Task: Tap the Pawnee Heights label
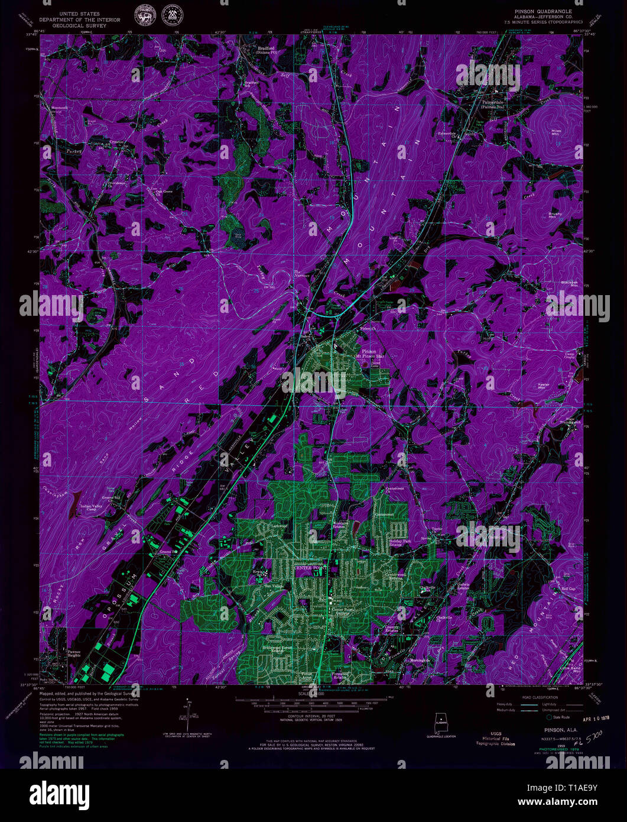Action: [74, 653]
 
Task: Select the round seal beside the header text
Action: [142, 15]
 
